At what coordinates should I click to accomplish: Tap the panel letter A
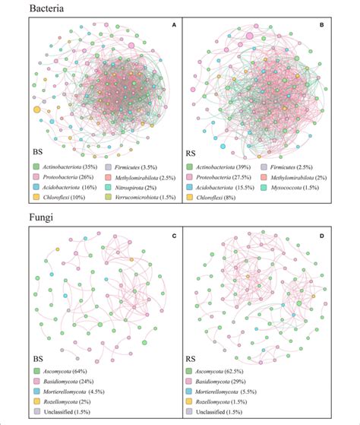[x=174, y=25]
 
